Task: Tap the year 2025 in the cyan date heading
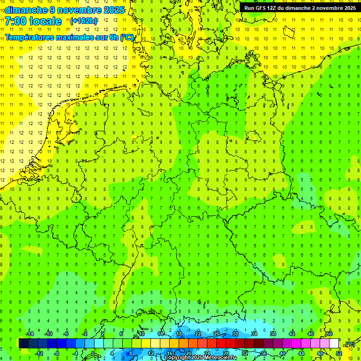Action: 113,10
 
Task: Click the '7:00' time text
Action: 16,21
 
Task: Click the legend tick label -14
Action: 30,334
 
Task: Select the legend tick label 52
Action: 338,353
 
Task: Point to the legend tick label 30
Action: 235,334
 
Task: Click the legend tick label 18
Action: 179,334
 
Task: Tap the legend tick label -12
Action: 39,353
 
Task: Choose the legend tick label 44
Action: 301,353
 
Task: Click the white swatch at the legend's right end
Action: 334,343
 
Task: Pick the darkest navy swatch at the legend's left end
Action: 24,343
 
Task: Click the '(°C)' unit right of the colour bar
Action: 350,344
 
